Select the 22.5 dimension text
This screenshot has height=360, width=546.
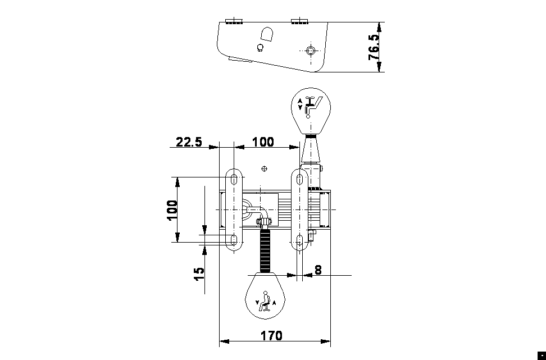(x=189, y=142)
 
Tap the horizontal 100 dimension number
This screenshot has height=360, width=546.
(x=263, y=142)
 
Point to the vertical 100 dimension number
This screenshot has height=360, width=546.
(x=172, y=210)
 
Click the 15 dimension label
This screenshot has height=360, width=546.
(x=199, y=274)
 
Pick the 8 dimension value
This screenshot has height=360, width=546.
(x=318, y=270)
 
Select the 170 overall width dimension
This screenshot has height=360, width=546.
(x=271, y=336)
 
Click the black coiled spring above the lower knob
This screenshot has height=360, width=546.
(x=265, y=250)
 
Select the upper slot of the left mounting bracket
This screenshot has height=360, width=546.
(x=234, y=180)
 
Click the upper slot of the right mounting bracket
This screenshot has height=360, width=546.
(x=300, y=180)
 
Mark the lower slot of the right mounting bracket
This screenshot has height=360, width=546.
(x=300, y=241)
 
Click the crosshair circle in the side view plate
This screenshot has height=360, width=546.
(x=310, y=51)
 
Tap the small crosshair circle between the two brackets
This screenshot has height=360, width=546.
(x=265, y=168)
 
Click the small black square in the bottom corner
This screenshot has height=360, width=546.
(x=541, y=355)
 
